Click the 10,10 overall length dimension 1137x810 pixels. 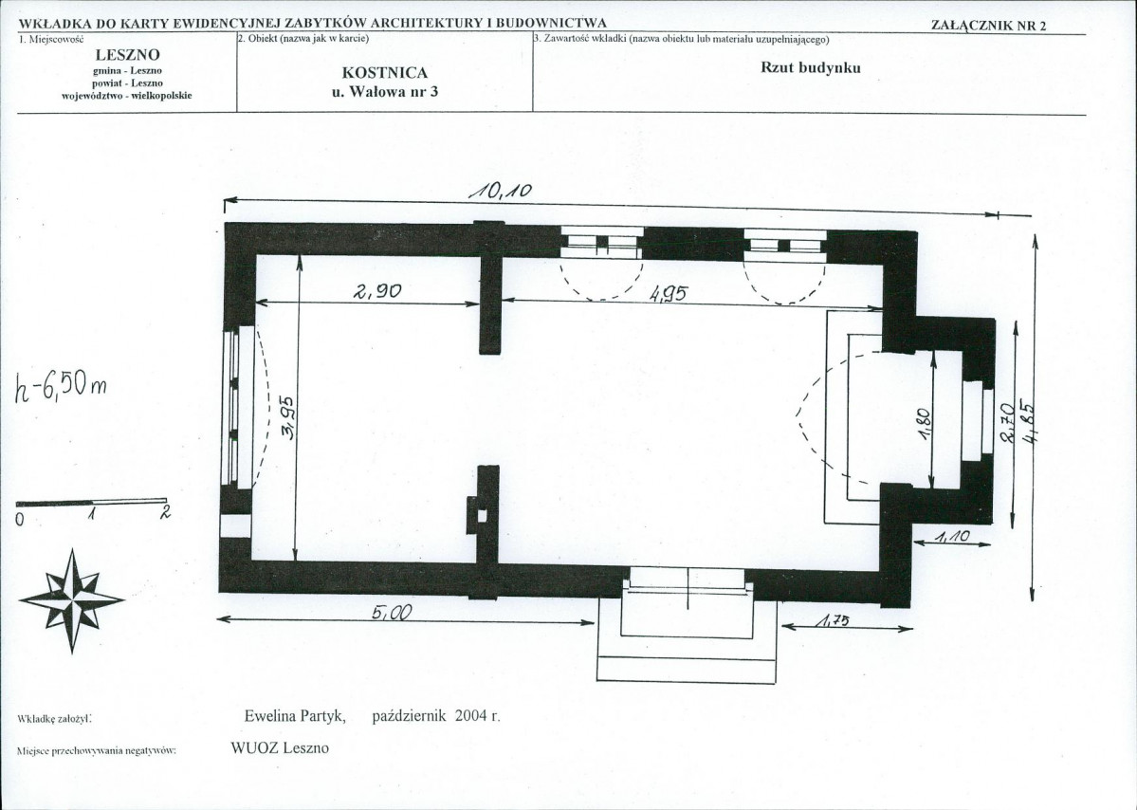(x=501, y=191)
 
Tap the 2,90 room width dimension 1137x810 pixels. (x=377, y=291)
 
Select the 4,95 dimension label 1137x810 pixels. (x=668, y=294)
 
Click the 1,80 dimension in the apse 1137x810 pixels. (x=923, y=424)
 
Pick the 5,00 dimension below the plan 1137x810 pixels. (x=392, y=614)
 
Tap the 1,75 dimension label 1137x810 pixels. (x=833, y=620)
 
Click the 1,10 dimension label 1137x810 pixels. (x=952, y=538)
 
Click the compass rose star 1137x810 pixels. (x=72, y=600)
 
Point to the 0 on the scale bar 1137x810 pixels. (x=20, y=519)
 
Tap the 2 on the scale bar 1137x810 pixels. (x=165, y=512)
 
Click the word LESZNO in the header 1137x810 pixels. (x=128, y=54)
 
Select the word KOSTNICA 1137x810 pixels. (x=384, y=72)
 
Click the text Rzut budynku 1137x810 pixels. (x=810, y=67)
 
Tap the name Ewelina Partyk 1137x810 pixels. (x=294, y=716)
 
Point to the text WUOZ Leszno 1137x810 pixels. (x=279, y=747)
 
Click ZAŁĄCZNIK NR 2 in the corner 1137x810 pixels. (x=988, y=26)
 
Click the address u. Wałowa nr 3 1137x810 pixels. (x=384, y=91)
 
